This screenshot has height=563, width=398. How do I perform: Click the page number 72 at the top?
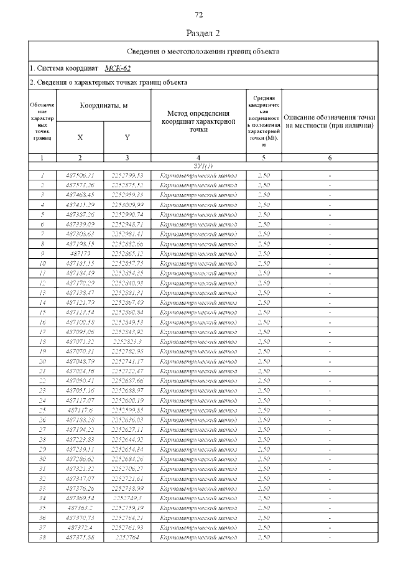click(199, 15)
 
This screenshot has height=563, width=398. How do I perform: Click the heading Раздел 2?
click(199, 33)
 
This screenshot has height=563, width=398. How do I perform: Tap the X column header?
click(80, 137)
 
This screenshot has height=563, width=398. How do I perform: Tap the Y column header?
click(127, 137)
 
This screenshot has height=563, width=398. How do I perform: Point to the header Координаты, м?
click(103, 106)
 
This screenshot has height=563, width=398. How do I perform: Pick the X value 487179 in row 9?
click(80, 253)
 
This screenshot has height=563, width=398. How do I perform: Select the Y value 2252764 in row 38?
click(127, 536)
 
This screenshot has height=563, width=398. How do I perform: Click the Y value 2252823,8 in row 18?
click(127, 341)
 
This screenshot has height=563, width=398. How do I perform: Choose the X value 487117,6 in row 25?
click(80, 410)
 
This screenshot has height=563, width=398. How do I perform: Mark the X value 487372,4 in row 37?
click(80, 526)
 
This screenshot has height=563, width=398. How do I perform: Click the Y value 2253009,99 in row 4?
click(127, 205)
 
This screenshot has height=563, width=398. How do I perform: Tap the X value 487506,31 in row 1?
click(80, 175)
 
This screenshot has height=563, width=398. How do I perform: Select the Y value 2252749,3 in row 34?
click(127, 498)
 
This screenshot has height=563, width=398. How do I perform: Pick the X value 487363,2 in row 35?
click(80, 507)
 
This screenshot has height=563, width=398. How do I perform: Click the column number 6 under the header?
click(330, 157)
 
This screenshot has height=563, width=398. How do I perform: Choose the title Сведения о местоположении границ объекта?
click(203, 51)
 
